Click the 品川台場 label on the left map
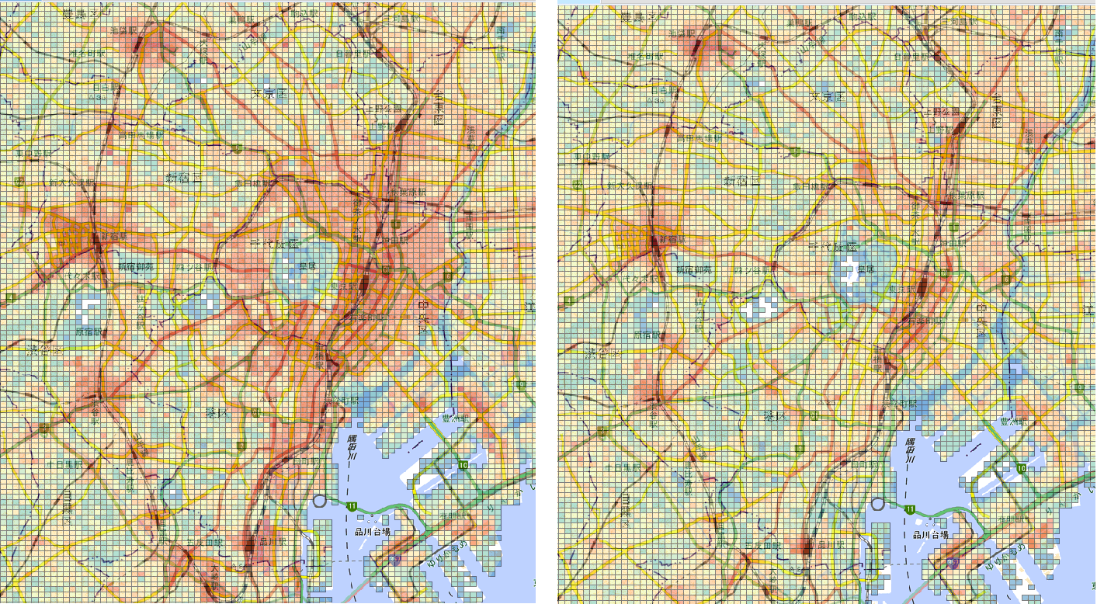click(368, 532)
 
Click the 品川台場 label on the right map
click(932, 534)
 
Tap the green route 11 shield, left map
click(352, 506)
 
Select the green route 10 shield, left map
click(463, 465)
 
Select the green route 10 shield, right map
click(1021, 468)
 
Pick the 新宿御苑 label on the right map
click(697, 269)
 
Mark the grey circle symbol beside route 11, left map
click(319, 502)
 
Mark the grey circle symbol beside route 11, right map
click(878, 505)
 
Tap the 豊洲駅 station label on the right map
click(1013, 422)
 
